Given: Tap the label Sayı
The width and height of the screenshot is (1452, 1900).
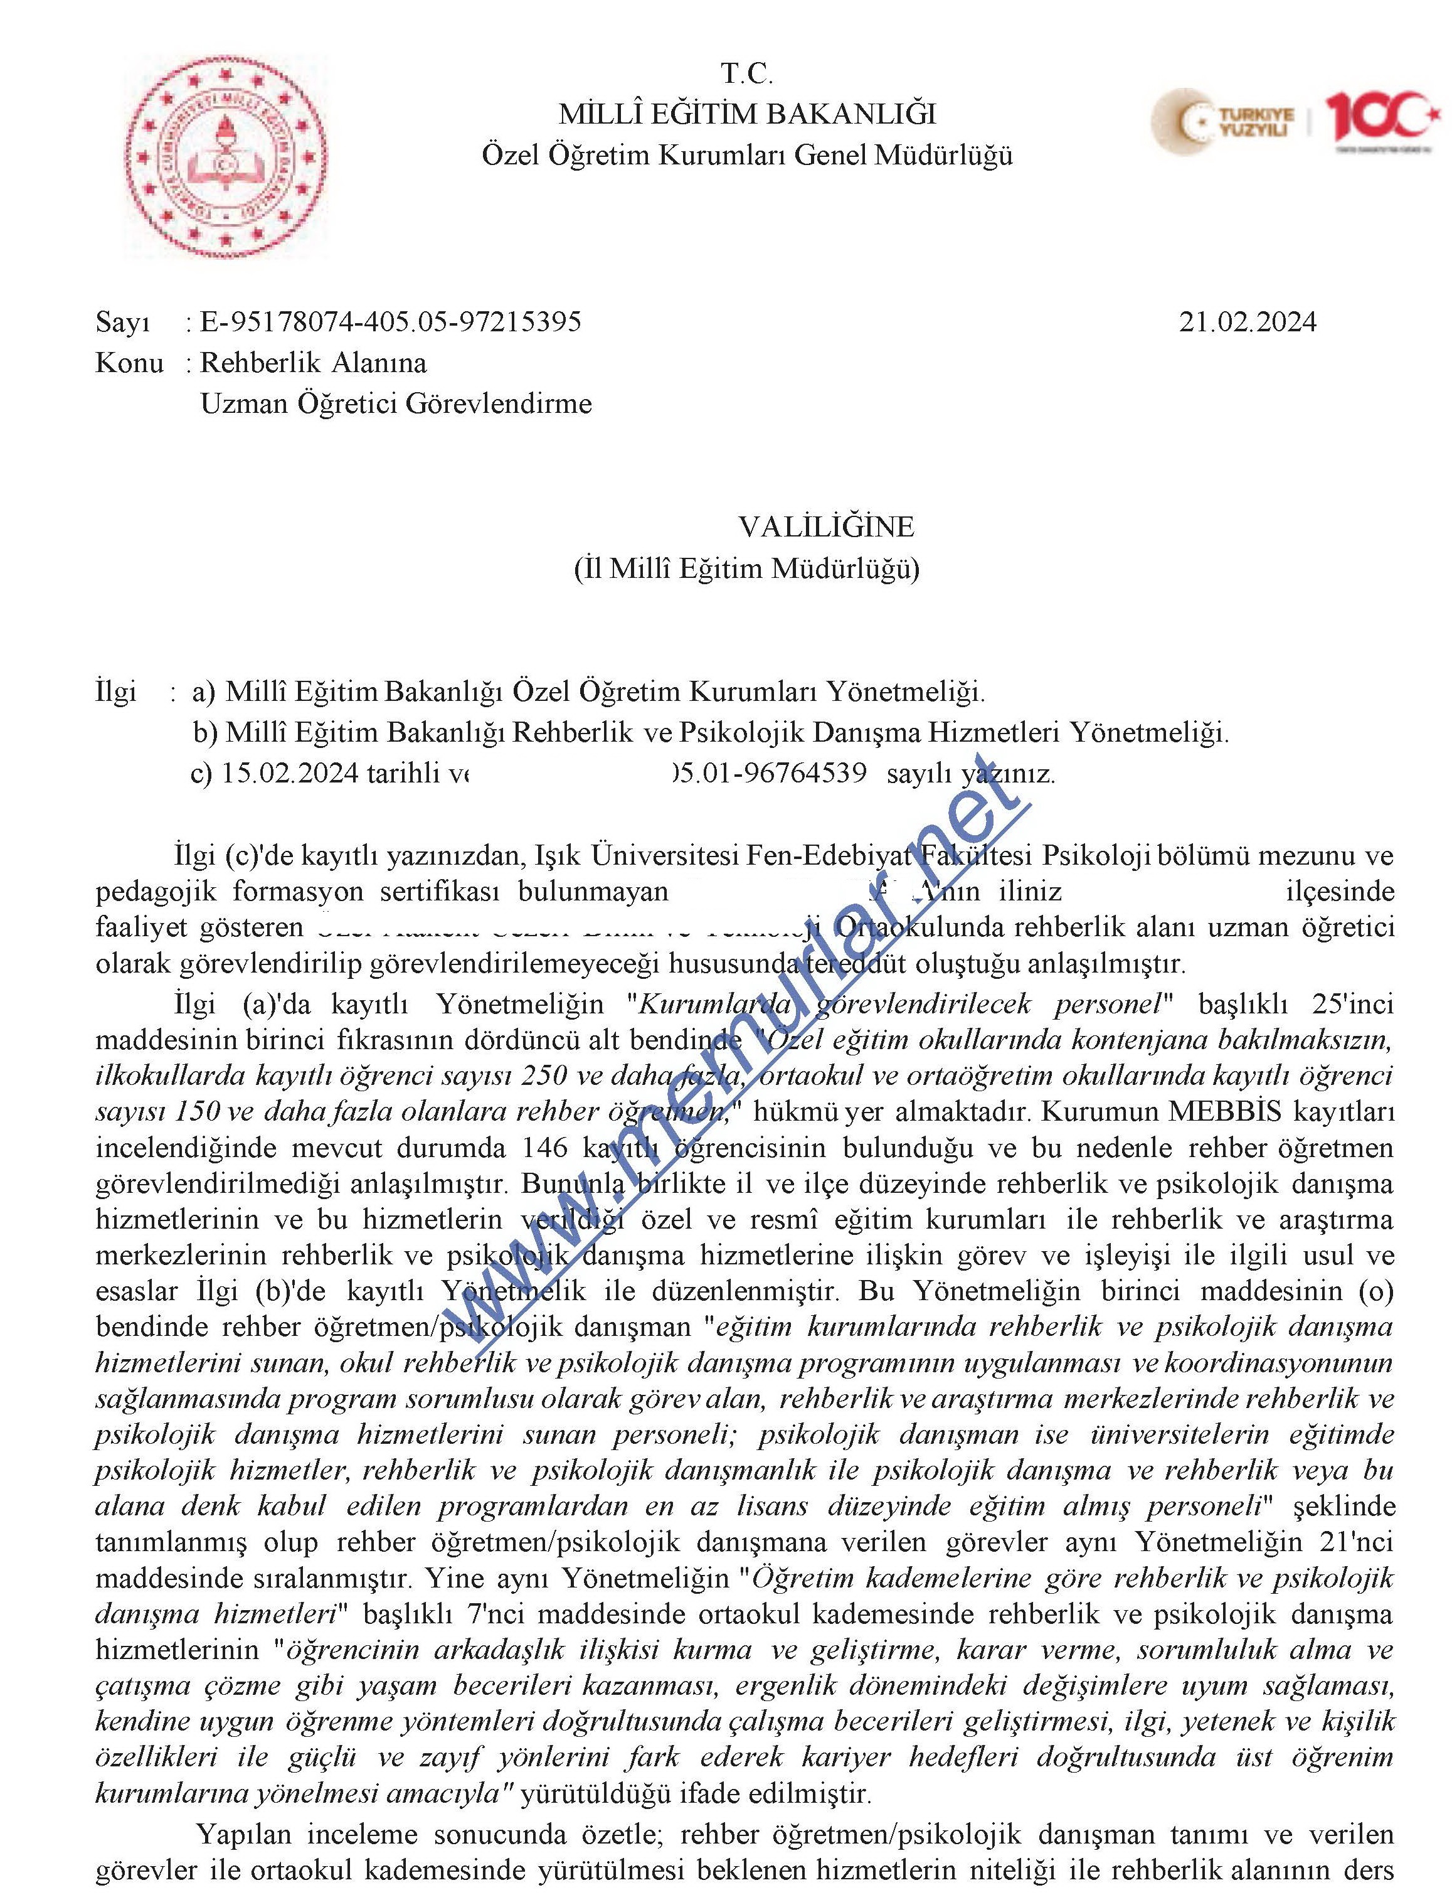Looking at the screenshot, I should pos(123,323).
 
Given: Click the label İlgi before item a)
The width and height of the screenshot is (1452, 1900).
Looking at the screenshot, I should pos(116,691).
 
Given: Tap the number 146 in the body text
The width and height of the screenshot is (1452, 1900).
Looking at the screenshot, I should pos(546,1148).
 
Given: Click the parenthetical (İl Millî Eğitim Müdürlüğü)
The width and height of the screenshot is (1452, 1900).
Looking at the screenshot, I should pos(747,568).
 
